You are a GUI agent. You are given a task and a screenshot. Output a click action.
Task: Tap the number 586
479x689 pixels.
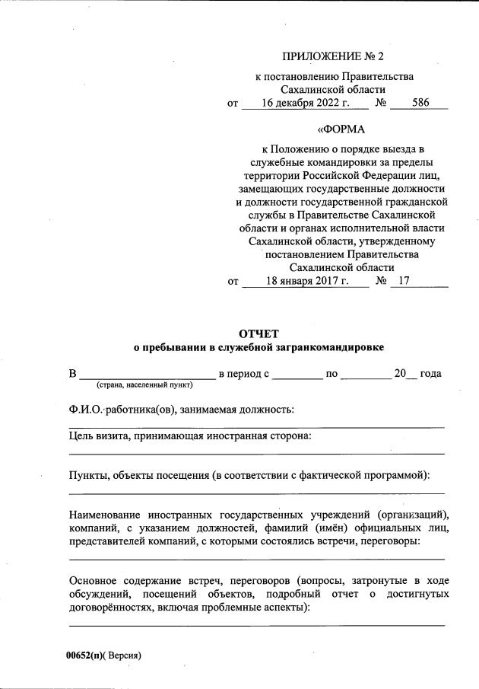(x=420, y=104)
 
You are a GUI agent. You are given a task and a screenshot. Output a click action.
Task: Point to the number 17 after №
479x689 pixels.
(x=403, y=281)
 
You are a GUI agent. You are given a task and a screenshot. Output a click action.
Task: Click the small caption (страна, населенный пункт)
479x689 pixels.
(x=144, y=385)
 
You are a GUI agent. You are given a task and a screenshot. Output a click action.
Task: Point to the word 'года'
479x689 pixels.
(x=430, y=374)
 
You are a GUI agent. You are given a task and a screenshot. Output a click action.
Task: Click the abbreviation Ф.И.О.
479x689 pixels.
(x=85, y=410)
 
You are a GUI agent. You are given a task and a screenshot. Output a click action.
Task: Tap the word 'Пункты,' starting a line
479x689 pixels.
(x=89, y=476)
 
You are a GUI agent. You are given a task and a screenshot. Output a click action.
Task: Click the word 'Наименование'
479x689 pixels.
(x=108, y=514)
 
